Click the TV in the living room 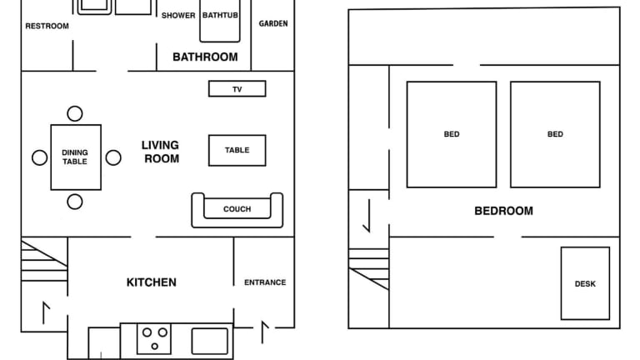tap(237, 88)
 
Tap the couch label tap(237, 209)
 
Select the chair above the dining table tap(75, 113)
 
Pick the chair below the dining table tap(75, 202)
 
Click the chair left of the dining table tap(40, 157)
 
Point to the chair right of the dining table tap(113, 157)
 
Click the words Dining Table tap(75, 157)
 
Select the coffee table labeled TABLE tap(237, 150)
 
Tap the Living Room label tap(160, 152)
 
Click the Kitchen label tap(152, 282)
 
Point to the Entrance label tap(265, 282)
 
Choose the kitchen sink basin tap(210, 341)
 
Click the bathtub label tap(220, 15)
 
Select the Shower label tap(178, 16)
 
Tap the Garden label tap(273, 23)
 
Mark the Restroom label tap(47, 26)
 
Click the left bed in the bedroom tap(452, 135)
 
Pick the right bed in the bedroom tap(555, 135)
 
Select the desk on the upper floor tap(585, 283)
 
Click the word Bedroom tap(503, 211)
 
